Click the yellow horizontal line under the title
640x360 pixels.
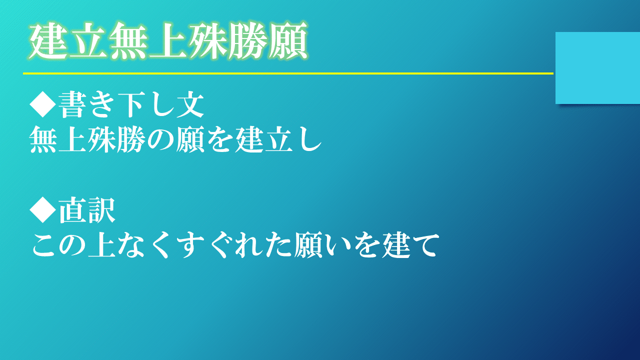288,73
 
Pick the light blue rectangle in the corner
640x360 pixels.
597,68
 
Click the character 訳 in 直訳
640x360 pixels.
101,211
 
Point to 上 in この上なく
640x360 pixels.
101,245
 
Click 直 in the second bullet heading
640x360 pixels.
72,211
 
